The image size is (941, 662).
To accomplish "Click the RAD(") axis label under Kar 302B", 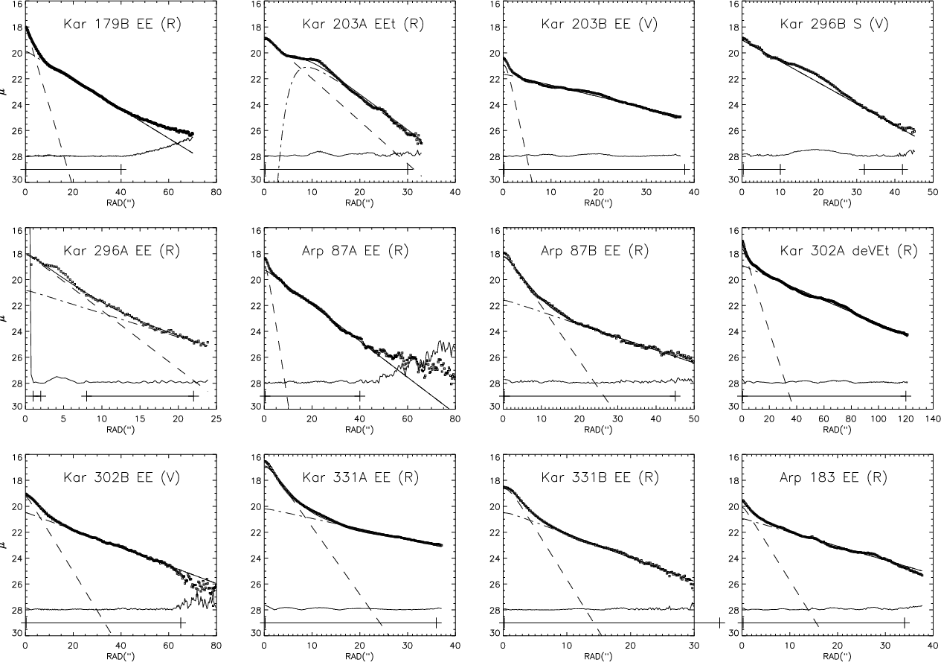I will coord(121,656).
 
